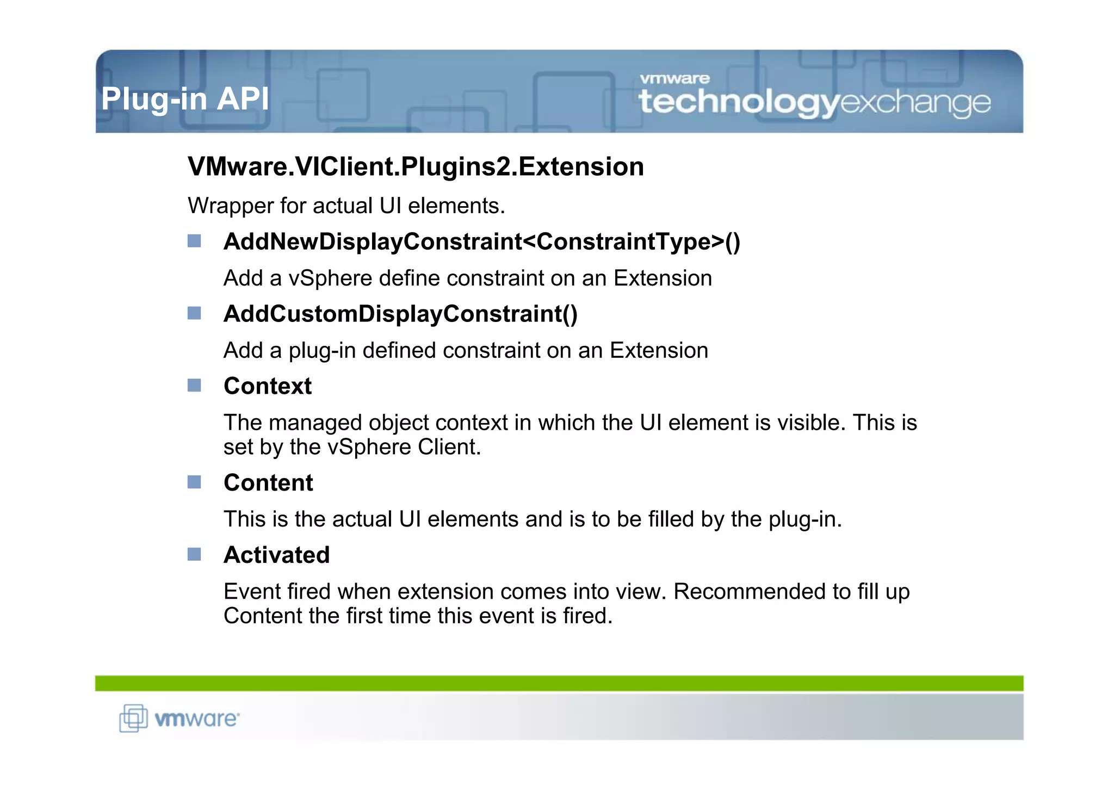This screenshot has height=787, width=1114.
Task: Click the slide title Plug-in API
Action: coord(185,99)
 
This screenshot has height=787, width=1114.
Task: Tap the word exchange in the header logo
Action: coord(915,103)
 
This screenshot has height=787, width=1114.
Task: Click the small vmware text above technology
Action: coord(674,79)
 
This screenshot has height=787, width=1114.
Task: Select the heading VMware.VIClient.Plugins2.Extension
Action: coord(416,166)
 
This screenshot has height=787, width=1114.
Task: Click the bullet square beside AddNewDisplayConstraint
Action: coord(194,241)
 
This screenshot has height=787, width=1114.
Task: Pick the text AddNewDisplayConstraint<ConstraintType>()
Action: coord(481,241)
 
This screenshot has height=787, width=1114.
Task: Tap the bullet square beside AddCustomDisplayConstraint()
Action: coord(194,313)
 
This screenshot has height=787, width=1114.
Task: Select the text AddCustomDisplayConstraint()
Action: coord(400,314)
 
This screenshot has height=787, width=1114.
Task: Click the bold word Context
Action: coord(268,386)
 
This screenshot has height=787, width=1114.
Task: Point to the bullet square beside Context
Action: coord(194,386)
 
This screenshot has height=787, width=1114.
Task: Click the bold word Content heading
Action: coord(268,482)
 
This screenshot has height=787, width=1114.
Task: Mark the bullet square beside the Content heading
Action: coord(194,482)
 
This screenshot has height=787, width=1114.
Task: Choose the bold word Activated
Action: coord(276,555)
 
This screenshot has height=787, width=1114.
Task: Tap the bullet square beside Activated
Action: coord(194,554)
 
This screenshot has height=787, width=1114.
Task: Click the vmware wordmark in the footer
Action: coord(196,719)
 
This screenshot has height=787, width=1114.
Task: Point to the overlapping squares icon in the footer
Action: coord(133,718)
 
